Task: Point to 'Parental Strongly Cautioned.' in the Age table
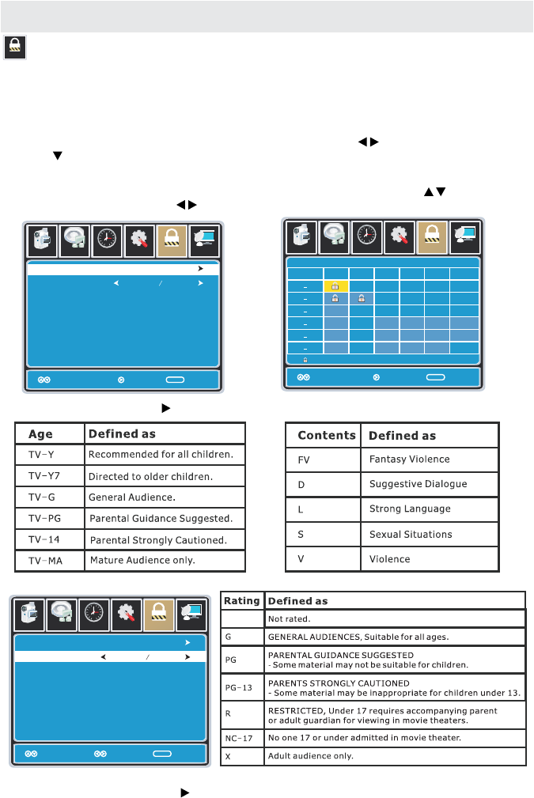[159, 540]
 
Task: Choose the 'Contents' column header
[326, 435]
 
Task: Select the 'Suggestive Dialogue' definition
[418, 484]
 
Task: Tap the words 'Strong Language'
[409, 509]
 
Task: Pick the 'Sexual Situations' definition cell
[411, 534]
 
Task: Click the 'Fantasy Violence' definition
[409, 459]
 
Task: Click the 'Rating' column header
[241, 600]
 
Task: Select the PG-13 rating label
[238, 687]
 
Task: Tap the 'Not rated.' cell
[290, 618]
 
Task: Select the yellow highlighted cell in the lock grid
[335, 286]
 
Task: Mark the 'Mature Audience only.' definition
[142, 561]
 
